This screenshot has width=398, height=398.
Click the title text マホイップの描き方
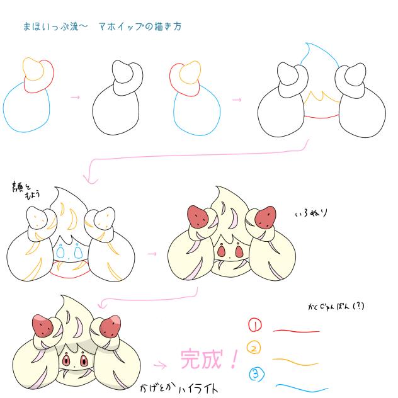click(140, 27)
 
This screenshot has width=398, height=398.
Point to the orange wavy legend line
click(297, 362)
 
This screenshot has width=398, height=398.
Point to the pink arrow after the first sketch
click(75, 98)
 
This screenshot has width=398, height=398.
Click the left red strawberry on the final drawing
click(42, 326)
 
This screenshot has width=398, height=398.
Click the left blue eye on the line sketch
click(62, 252)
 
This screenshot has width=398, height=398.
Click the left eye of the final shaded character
click(67, 362)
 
